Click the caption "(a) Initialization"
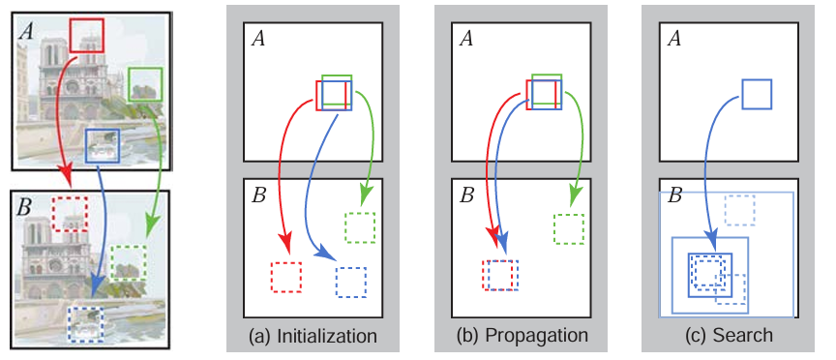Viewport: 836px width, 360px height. tap(313, 336)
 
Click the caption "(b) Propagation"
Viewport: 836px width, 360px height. tap(522, 336)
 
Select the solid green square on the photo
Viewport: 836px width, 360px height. tap(129, 84)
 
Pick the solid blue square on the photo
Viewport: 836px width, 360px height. tap(87, 145)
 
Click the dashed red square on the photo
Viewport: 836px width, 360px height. tap(53, 213)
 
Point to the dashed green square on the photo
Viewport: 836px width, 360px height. tap(112, 263)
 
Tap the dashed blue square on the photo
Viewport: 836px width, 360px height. tap(69, 324)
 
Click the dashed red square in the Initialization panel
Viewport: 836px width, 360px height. tap(272, 277)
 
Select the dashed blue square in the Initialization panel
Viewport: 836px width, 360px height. tap(337, 283)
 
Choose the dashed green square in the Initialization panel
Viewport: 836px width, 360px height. tap(345, 227)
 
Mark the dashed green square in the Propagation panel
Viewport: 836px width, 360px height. tap(554, 229)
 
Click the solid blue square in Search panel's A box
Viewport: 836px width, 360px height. tap(742, 95)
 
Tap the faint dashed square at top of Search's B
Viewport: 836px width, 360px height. tap(726, 210)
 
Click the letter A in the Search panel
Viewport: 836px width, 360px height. tap(673, 39)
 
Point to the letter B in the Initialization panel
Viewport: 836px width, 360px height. tap(258, 195)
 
